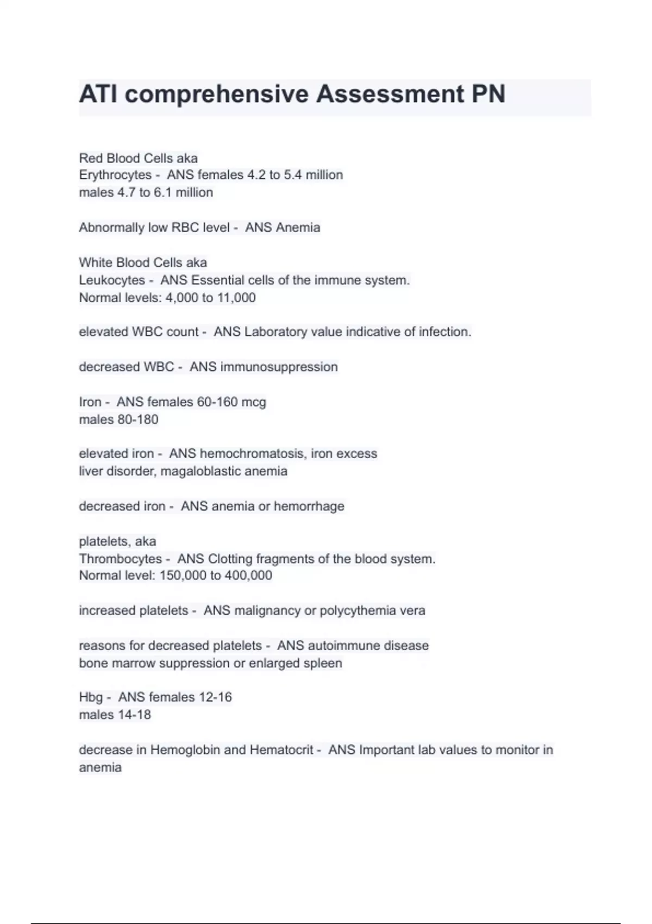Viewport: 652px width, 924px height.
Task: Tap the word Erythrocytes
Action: pyautogui.click(x=115, y=175)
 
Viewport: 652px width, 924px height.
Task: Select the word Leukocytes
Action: pyautogui.click(x=112, y=280)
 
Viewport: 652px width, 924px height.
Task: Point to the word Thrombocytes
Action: pyautogui.click(x=121, y=559)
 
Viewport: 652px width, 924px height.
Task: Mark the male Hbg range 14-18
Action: pyautogui.click(x=134, y=715)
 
